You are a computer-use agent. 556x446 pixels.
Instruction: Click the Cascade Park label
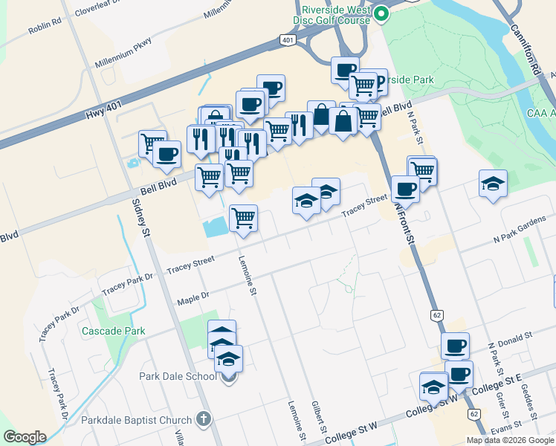pos(113,331)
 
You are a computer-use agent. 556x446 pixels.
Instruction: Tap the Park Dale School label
pos(178,375)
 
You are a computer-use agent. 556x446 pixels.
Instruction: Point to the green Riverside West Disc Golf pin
pos(381,13)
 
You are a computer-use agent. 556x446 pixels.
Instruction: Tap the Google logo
pos(25,436)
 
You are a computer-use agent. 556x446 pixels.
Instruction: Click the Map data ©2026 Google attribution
pos(510,440)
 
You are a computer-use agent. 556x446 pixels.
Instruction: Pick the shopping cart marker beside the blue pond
pos(243,219)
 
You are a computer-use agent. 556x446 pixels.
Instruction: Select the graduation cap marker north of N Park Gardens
pos(493,184)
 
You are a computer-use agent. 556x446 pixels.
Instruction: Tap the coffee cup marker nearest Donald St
pos(455,346)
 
